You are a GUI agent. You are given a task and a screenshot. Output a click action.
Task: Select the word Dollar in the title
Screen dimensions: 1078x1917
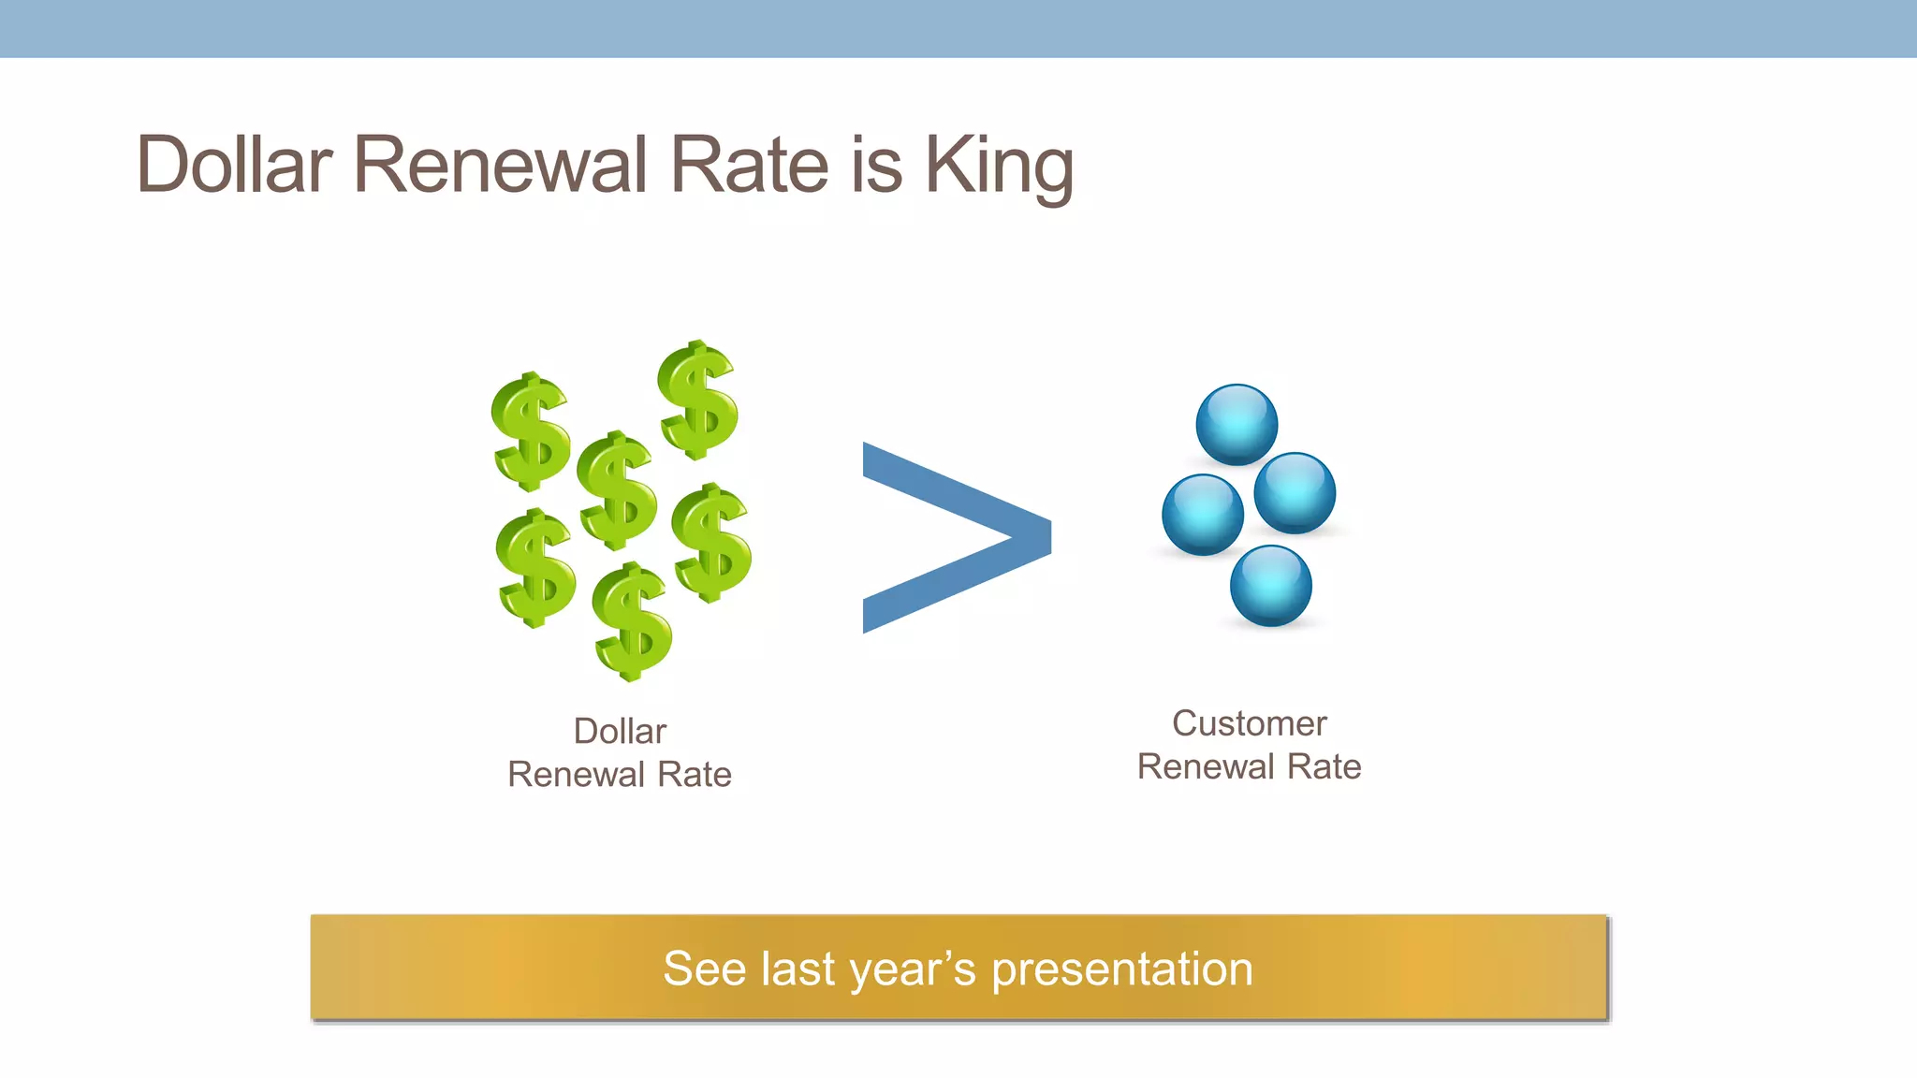[x=234, y=166]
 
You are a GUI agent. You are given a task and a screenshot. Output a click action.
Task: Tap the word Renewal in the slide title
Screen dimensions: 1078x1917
[x=500, y=166]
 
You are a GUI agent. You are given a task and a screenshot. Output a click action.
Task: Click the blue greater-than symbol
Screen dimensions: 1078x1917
[x=955, y=537]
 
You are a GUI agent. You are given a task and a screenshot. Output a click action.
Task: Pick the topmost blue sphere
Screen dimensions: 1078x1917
[x=1237, y=424]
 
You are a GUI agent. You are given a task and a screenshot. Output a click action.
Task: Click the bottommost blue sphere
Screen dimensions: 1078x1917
[x=1270, y=586]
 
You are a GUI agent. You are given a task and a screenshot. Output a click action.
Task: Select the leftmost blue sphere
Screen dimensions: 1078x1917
[x=1202, y=515]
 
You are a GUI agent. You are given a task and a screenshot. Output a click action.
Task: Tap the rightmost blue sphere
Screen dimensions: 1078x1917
[x=1294, y=492]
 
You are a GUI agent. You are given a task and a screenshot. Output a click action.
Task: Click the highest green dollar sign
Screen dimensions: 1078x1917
[x=698, y=401]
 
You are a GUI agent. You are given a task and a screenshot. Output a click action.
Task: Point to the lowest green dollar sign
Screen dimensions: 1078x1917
[x=633, y=621]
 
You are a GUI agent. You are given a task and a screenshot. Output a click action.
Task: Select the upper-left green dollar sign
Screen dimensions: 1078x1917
[x=531, y=431]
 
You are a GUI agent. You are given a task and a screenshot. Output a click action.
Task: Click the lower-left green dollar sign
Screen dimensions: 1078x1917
[x=535, y=568]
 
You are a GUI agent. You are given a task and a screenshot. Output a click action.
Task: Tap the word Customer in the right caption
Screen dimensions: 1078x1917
[x=1249, y=723]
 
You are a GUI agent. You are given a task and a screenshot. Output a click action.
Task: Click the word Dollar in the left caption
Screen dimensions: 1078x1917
[x=620, y=731]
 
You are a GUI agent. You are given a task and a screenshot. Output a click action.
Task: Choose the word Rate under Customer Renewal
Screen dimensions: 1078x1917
[x=1324, y=767]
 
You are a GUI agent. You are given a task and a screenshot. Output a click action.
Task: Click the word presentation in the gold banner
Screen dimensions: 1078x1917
[x=1121, y=969]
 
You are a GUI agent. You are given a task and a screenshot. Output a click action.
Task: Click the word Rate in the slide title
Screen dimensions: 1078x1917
[x=749, y=166]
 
